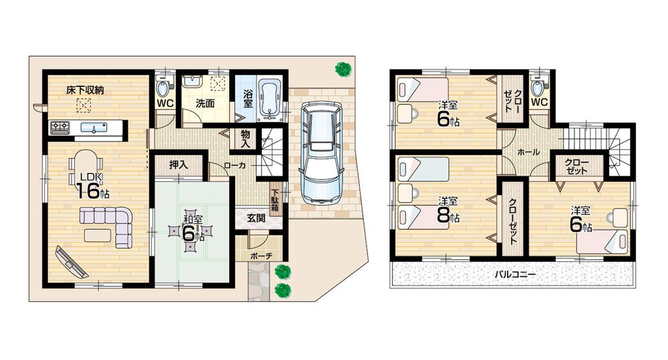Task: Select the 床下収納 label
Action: coord(83,89)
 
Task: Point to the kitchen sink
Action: coord(90,126)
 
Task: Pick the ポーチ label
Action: coord(261,256)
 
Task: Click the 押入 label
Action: coord(177,165)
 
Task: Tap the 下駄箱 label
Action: coord(274,200)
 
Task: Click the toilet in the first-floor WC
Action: coord(163,86)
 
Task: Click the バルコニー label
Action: coord(516,275)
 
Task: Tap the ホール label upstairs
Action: coord(528,152)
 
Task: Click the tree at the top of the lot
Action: coord(343,68)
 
